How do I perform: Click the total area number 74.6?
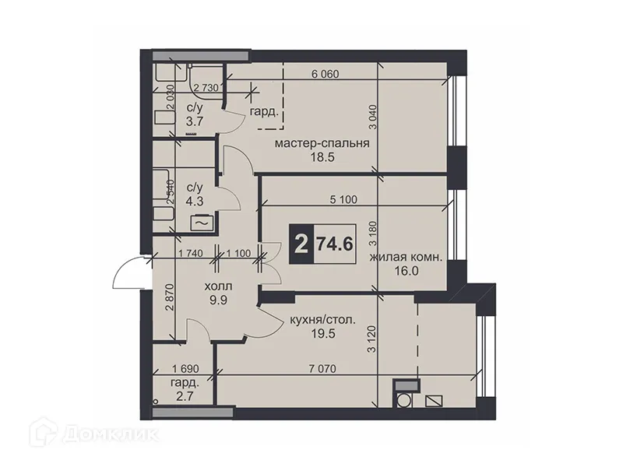coord(335,244)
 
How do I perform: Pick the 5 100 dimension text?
coord(343,199)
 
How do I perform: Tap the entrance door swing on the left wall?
coord(126,272)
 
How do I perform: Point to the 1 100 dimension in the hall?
coord(239,252)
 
